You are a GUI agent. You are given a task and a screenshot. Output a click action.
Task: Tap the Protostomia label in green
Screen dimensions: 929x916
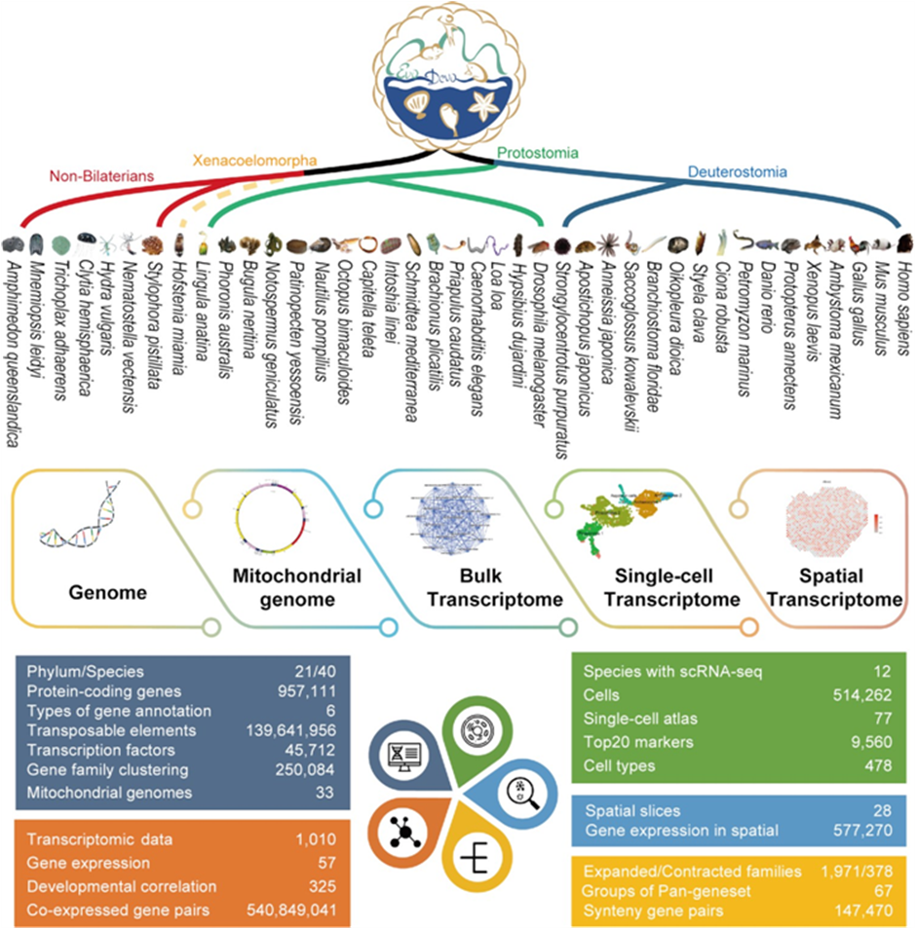538,152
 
